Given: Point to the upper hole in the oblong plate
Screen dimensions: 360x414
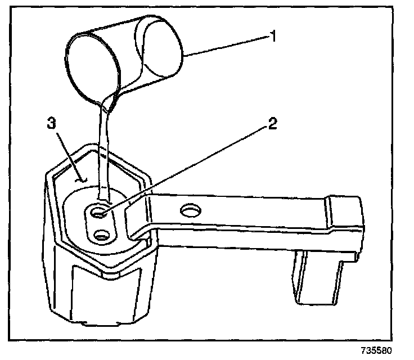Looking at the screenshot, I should tap(99, 213).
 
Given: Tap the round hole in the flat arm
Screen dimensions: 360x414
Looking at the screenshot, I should tap(189, 210).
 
